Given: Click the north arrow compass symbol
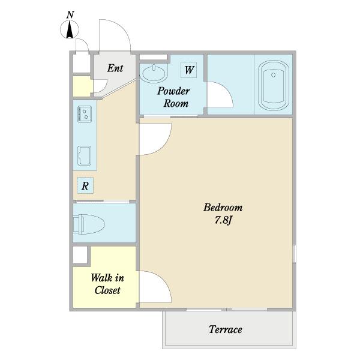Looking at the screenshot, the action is pos(70,29).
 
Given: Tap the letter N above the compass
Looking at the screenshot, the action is pos(70,15).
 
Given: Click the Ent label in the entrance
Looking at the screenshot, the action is pos(115,68).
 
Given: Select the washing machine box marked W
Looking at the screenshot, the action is pos(189,70).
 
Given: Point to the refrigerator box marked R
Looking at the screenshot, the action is pos(85,185).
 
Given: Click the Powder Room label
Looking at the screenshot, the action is pos(173,97).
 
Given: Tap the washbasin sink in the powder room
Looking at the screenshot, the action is pos(154,73).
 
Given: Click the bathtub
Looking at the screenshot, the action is pos(274,85).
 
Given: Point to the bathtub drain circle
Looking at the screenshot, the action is pos(273,75).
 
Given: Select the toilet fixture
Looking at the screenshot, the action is pos(89,224).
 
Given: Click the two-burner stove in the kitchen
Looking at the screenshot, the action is pos(85,114).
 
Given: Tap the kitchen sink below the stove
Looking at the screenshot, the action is pos(84,155).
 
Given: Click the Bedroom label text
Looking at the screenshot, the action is pos(223,208).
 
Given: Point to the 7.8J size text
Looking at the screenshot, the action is pos(223,220).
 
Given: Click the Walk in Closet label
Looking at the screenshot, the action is pos(107,284).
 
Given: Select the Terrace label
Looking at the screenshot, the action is pos(225,329).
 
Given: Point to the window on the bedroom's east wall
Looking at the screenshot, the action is pos(295,254).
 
